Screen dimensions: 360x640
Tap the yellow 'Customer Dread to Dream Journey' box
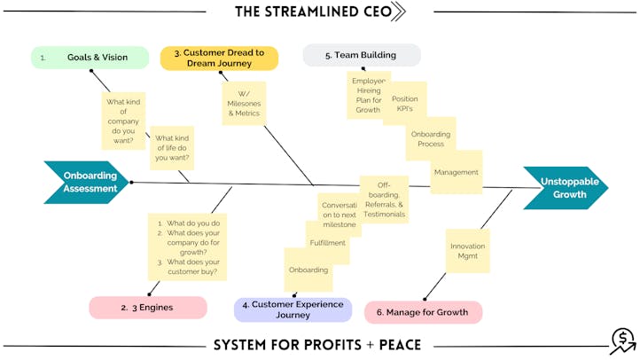pyautogui.click(x=219, y=59)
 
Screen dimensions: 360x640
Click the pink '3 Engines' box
pyautogui.click(x=147, y=309)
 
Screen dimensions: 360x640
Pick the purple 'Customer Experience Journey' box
pyautogui.click(x=293, y=309)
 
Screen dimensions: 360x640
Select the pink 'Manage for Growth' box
pyautogui.click(x=423, y=312)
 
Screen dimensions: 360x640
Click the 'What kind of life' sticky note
pyautogui.click(x=172, y=147)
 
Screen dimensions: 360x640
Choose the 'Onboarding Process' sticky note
pyautogui.click(x=433, y=139)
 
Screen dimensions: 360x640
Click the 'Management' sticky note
pyautogui.click(x=457, y=174)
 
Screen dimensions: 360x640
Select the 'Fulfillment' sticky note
pyautogui.click(x=328, y=244)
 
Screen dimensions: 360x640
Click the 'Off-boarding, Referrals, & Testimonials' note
pyautogui.click(x=384, y=200)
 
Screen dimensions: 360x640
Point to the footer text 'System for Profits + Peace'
pyautogui.click(x=316, y=344)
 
